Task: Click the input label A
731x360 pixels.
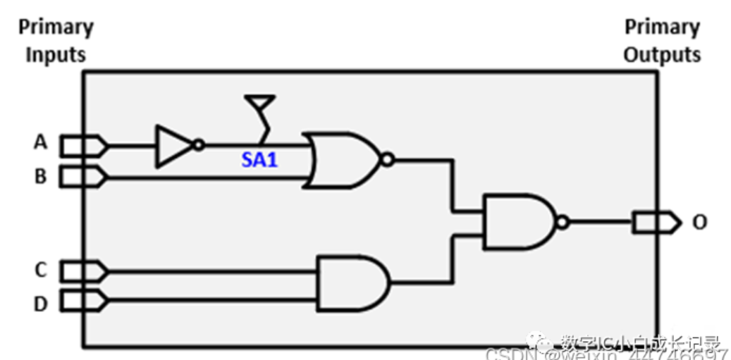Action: point(40,142)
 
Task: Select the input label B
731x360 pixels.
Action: point(40,175)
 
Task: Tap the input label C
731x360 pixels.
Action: point(40,269)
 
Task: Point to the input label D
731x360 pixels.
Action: point(40,304)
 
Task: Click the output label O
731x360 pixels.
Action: point(699,223)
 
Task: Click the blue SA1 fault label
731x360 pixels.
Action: point(260,160)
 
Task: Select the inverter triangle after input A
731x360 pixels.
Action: point(173,146)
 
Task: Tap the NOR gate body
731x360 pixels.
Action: point(342,160)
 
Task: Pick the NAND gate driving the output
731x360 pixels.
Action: point(518,222)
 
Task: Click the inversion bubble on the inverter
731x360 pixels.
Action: point(199,145)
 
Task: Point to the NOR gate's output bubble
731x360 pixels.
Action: point(386,160)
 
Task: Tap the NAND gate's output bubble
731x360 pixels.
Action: point(562,223)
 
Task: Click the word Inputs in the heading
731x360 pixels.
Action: point(56,56)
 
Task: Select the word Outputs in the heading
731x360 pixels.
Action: point(662,56)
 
